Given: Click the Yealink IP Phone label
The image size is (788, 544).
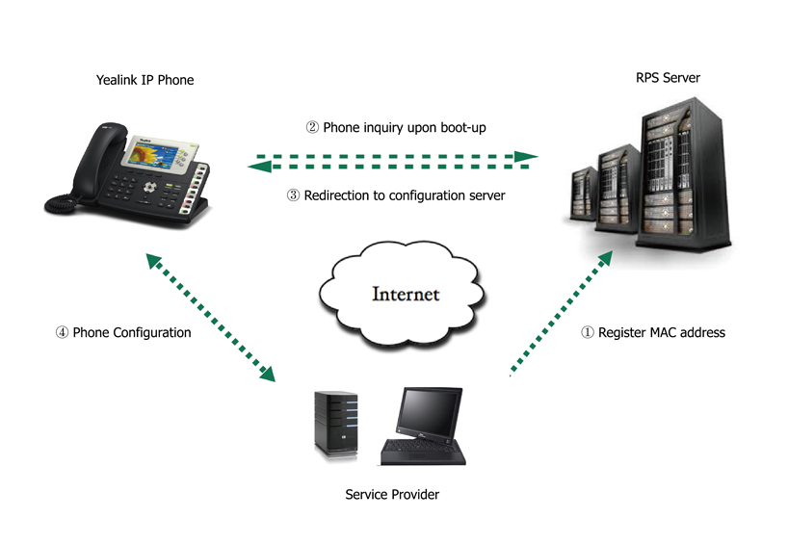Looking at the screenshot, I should pos(144,80).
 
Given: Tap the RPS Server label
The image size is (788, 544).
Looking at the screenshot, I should pos(668,78).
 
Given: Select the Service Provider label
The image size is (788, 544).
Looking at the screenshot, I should pos(392,495).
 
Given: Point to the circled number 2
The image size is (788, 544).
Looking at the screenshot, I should pos(312,127).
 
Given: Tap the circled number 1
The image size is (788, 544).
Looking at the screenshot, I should pos(587,333).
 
